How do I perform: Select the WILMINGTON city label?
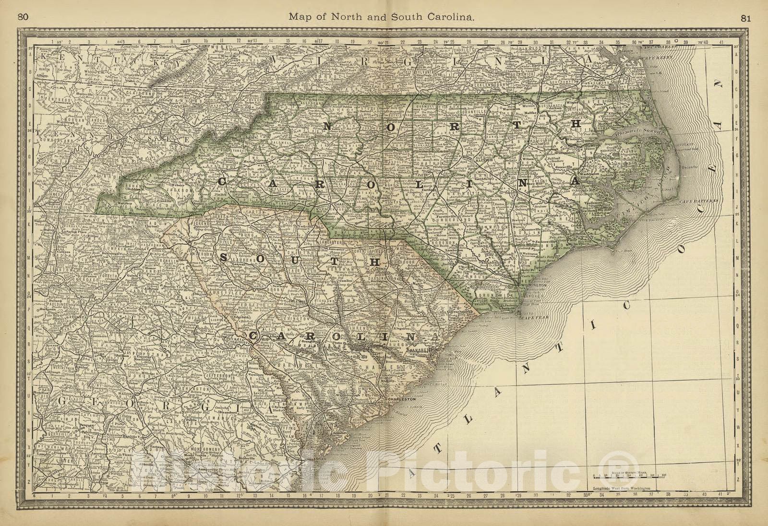(534, 285)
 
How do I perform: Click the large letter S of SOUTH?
(224, 258)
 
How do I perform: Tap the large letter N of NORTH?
(329, 127)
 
